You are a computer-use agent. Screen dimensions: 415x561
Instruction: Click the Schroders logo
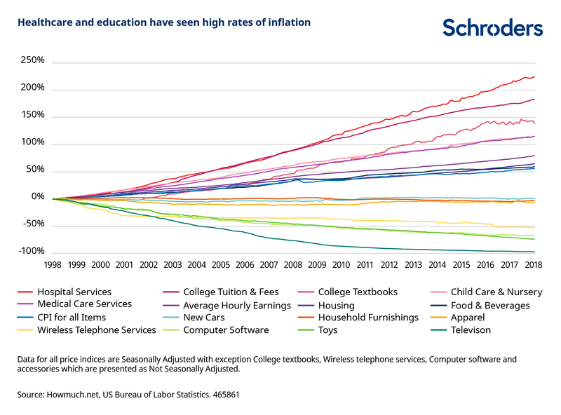pos(492,27)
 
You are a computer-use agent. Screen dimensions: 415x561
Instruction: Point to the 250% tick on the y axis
pos(32,61)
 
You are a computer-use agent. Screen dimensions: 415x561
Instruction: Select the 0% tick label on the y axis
pos(37,197)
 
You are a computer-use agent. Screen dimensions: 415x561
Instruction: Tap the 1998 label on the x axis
pos(53,265)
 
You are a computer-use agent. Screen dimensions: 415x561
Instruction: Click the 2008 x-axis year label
pos(293,265)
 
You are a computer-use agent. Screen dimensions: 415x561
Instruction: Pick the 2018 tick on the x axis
pos(534,265)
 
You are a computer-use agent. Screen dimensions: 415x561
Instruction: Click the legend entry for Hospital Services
pos(74,292)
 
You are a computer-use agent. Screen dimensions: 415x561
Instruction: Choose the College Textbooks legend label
pos(358,292)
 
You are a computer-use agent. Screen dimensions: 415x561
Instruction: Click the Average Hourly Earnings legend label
pos(236,305)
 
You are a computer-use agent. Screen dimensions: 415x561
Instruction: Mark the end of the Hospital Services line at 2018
pos(534,76)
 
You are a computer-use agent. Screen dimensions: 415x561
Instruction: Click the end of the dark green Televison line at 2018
pos(534,252)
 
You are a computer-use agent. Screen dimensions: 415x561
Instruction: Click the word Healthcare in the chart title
pos(45,22)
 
